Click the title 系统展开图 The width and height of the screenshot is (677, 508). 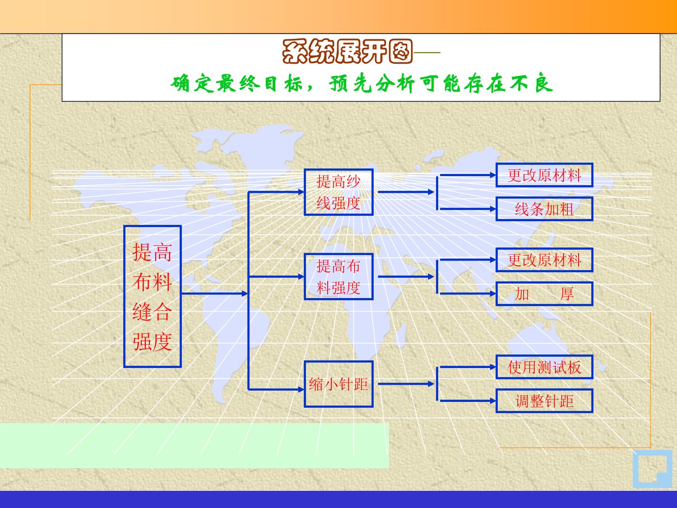point(348,51)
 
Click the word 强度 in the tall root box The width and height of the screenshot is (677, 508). point(152,341)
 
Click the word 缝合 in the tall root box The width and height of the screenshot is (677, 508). point(152,312)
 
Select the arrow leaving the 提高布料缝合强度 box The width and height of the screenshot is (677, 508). point(215,294)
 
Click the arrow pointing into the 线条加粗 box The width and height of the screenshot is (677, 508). point(468,209)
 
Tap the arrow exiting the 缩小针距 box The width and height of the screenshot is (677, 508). point(406,384)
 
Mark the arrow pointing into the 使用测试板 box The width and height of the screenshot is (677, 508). point(468,367)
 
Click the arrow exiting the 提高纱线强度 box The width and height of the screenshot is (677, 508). point(406,192)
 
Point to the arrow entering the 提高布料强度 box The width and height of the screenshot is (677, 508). point(276,277)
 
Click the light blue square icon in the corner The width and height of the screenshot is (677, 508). point(653,469)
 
